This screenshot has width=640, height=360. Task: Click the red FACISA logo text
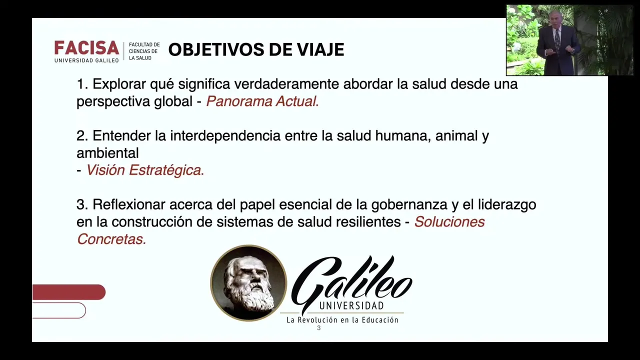86,47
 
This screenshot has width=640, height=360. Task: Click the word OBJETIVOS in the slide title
216,49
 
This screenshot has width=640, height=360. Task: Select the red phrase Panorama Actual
262,101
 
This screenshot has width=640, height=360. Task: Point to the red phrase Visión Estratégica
145,170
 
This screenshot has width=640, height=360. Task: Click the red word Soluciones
449,221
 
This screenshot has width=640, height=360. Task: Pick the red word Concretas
111,239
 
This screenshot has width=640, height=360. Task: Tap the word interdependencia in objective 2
225,135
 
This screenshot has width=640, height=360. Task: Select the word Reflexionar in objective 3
128,204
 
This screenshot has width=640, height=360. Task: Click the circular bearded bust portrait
248,283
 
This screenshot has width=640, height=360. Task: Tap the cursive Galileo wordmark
351,281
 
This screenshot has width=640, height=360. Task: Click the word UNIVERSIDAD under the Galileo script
351,306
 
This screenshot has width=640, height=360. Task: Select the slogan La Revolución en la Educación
342,319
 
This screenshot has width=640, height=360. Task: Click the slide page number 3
319,328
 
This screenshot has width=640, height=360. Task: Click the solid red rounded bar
69,292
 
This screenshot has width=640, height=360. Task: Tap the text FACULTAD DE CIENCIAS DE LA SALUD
144,51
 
